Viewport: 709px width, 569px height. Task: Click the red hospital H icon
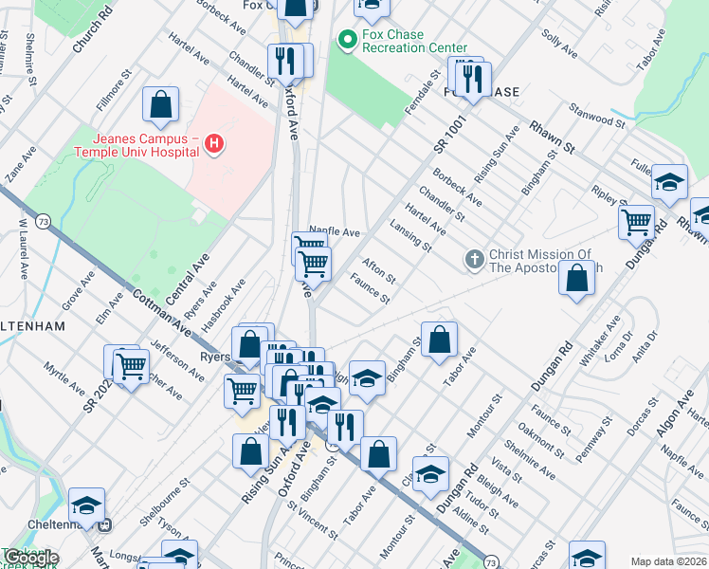click(x=215, y=144)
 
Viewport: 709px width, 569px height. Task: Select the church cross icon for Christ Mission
click(x=475, y=259)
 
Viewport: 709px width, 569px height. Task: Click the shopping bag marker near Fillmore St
click(x=161, y=105)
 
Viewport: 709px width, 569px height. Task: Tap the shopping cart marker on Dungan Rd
click(x=636, y=223)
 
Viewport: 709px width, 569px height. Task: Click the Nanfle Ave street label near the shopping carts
click(x=335, y=231)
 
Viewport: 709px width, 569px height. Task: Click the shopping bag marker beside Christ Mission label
click(x=576, y=280)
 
